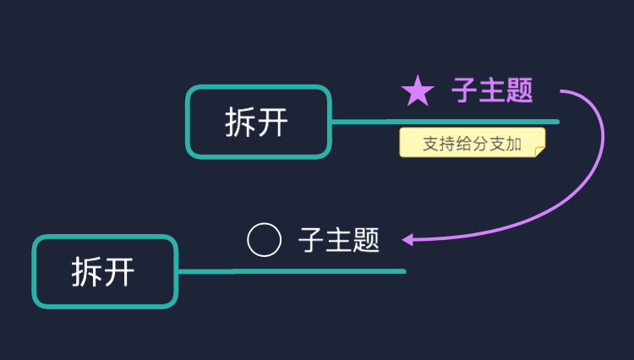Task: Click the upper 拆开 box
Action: (x=258, y=122)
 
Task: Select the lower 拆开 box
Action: (x=105, y=271)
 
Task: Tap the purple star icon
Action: (x=418, y=90)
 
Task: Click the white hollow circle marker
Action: (x=264, y=240)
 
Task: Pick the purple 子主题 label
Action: (x=492, y=90)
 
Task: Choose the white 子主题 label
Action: (x=339, y=241)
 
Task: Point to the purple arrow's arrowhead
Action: (x=407, y=239)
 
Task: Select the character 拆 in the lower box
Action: (x=87, y=273)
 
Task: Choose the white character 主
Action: (x=339, y=241)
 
